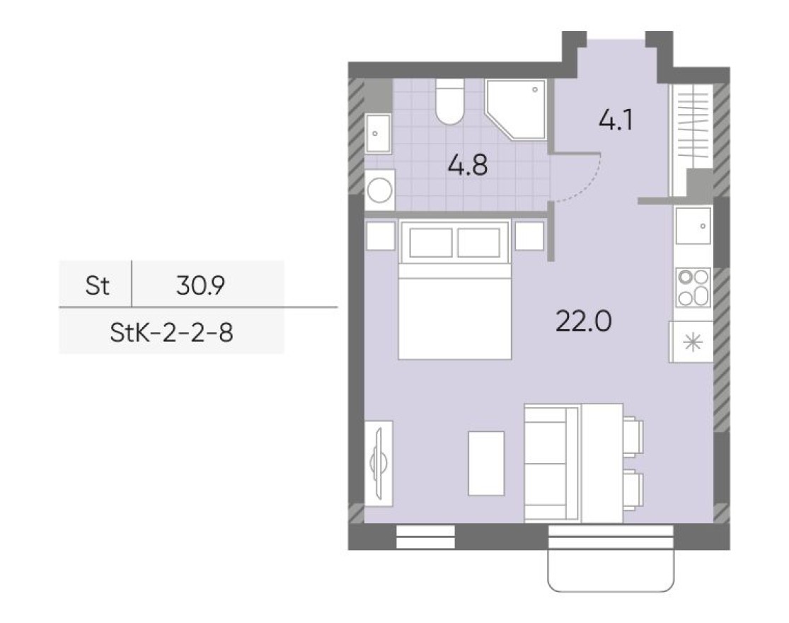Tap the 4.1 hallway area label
pyautogui.click(x=614, y=121)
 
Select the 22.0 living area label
pyautogui.click(x=583, y=323)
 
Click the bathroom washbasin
pyautogui.click(x=379, y=132)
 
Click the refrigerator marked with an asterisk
pyautogui.click(x=691, y=342)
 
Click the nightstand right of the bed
pyautogui.click(x=529, y=236)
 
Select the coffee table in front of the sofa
pyautogui.click(x=486, y=463)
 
